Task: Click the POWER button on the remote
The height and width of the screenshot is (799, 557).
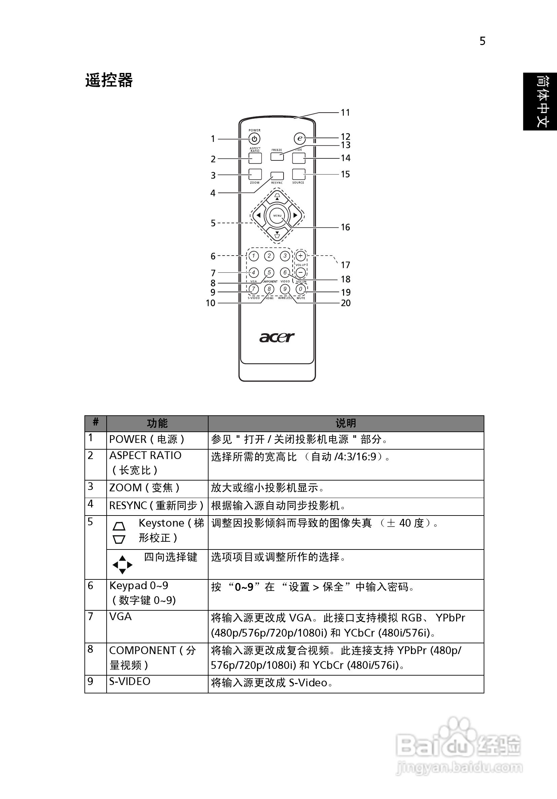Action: tap(255, 139)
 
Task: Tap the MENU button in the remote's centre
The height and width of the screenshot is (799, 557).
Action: tap(277, 216)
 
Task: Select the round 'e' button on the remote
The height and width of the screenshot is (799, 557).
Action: tap(299, 139)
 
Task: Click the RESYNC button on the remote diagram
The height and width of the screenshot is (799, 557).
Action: tap(277, 176)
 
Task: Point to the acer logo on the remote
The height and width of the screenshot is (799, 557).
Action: tap(277, 337)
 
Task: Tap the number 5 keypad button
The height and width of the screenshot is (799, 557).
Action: tap(269, 272)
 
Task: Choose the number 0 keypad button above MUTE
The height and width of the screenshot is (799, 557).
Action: tap(301, 289)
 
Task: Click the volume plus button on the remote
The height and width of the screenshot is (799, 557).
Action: tap(301, 256)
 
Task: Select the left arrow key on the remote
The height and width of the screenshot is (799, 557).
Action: tap(258, 216)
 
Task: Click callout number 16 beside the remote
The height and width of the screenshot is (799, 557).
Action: tap(345, 227)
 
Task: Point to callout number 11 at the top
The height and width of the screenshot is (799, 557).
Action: tap(345, 112)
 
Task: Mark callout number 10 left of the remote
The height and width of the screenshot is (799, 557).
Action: tap(211, 303)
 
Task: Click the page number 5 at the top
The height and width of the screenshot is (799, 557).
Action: tap(482, 41)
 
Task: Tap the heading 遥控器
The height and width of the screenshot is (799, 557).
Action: tap(109, 80)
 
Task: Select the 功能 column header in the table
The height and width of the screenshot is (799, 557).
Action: tap(157, 423)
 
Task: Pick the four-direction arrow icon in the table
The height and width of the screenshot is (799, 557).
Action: tap(122, 565)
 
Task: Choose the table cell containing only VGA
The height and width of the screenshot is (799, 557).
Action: tap(120, 616)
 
